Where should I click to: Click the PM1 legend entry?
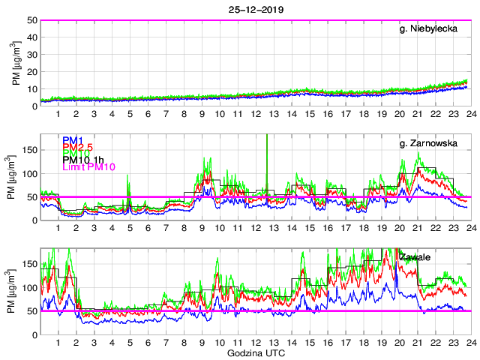pyautogui.click(x=73, y=139)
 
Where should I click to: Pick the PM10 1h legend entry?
pyautogui.click(x=85, y=159)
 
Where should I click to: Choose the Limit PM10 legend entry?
pyautogui.click(x=88, y=169)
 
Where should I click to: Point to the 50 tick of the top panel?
pyautogui.click(x=33, y=20)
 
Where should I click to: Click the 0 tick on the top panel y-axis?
pyautogui.click(x=35, y=106)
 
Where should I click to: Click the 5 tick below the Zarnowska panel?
pyautogui.click(x=130, y=229)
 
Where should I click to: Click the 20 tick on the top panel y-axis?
pyautogui.click(x=33, y=72)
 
